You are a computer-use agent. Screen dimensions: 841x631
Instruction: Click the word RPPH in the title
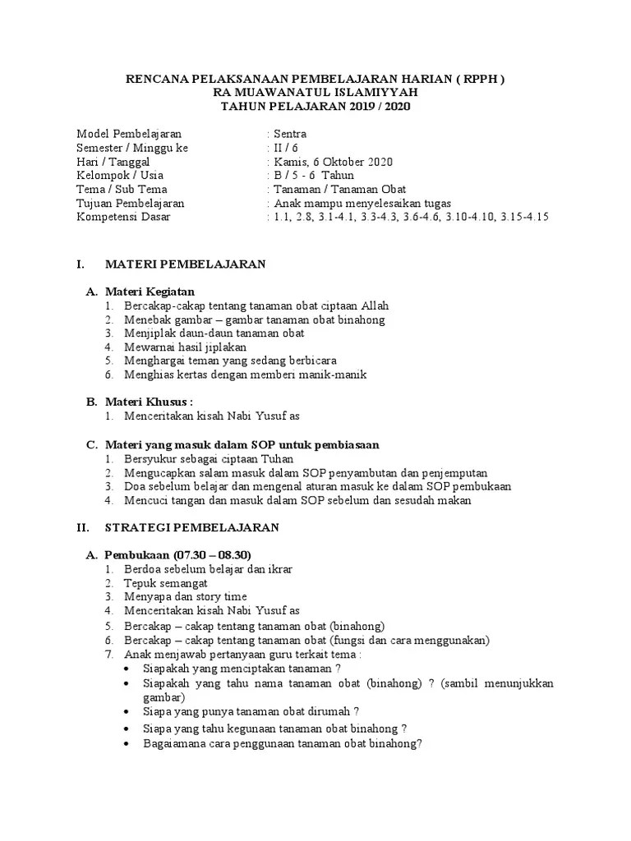[480, 79]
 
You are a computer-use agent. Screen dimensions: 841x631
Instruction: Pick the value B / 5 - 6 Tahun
[314, 175]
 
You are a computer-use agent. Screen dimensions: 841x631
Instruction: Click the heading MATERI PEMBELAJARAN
[185, 264]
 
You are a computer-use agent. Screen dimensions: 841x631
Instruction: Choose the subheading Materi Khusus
[148, 402]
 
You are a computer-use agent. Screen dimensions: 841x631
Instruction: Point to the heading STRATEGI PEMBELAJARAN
[191, 527]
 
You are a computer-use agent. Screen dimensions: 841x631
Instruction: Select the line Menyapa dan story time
[186, 597]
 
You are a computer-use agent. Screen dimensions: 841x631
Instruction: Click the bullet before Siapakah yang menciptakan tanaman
[124, 669]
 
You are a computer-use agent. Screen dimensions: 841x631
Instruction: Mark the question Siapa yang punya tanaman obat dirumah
[251, 711]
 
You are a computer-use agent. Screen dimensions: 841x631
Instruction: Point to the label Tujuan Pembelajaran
[130, 203]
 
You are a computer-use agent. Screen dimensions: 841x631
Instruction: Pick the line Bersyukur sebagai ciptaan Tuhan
[209, 458]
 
